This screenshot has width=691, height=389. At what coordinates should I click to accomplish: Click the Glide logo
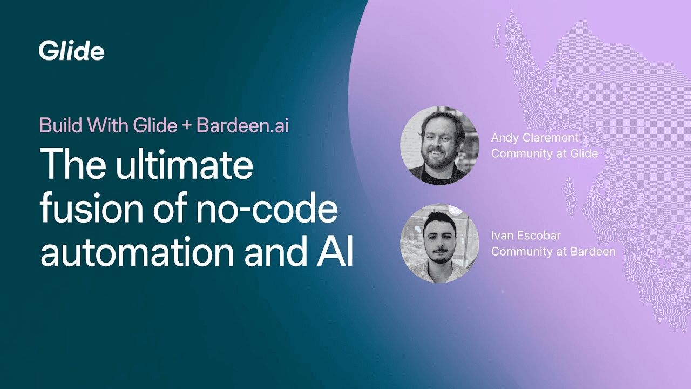[x=71, y=51]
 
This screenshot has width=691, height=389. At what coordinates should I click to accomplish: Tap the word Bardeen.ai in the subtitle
[x=242, y=125]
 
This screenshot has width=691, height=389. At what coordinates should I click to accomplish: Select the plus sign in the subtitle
[x=186, y=126]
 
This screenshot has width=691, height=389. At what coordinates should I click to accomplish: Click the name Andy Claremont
[x=534, y=138]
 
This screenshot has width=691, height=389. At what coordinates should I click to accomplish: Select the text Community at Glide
[x=544, y=153]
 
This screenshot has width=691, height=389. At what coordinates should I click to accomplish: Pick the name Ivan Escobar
[x=526, y=236]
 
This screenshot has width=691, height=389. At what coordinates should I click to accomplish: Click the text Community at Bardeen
[x=553, y=251]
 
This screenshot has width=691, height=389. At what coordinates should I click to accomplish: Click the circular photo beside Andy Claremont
[x=439, y=145]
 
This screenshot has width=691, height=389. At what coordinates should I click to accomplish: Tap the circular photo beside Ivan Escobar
[x=439, y=243]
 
